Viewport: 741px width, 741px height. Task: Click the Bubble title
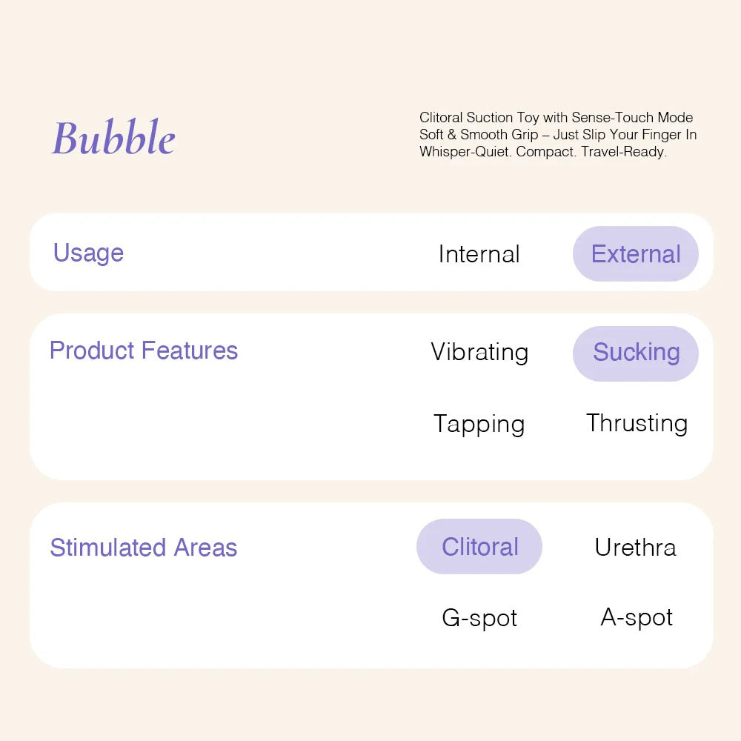(113, 139)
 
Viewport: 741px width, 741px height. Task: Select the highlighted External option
(636, 254)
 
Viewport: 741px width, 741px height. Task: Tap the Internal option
(479, 254)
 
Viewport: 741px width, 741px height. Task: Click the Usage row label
(88, 253)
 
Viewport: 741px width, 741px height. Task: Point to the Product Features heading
(144, 350)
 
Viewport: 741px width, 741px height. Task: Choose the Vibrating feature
(479, 352)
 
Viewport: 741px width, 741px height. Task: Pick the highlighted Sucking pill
(636, 353)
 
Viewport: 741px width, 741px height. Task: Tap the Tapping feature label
(479, 424)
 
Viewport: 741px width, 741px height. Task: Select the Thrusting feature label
(637, 423)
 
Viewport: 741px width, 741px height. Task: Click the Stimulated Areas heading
(144, 548)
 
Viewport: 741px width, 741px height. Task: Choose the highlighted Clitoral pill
(479, 547)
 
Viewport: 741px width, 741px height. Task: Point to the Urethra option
(635, 548)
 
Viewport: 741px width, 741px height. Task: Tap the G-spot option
(479, 618)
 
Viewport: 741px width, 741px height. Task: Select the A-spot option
(637, 617)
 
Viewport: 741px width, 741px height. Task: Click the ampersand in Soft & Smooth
(451, 135)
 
